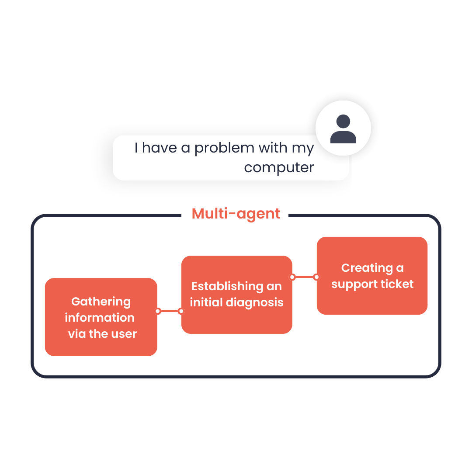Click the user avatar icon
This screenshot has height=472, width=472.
pos(343,128)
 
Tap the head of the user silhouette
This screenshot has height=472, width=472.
pos(343,121)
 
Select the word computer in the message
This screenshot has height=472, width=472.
pos(279,168)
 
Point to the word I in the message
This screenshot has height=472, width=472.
pos(136,148)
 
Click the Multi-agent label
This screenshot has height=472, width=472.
pos(236,213)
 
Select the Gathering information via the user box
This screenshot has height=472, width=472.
pos(101,317)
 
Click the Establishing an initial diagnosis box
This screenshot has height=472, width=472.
pos(236,295)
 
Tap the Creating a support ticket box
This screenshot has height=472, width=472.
pos(372,276)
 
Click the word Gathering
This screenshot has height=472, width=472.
pos(101,302)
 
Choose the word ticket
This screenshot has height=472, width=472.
pos(397,284)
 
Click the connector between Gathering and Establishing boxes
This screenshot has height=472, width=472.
pos(170,311)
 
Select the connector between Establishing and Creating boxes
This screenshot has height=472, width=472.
pos(304,277)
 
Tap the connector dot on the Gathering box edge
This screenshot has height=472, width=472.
pos(158,311)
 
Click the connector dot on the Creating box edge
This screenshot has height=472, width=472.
pos(316,277)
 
